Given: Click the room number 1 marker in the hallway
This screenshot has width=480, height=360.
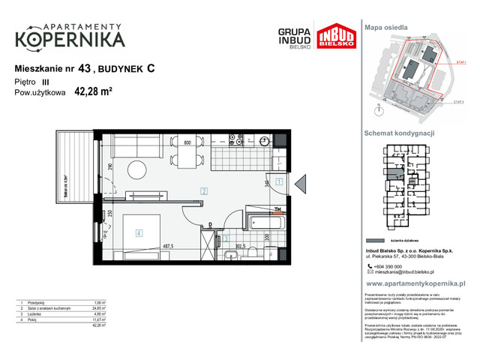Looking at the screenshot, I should pyautogui.click(x=277, y=181).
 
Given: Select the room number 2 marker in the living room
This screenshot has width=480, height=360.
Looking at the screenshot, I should pyautogui.click(x=203, y=191).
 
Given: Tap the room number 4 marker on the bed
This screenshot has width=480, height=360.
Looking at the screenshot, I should pyautogui.click(x=139, y=232).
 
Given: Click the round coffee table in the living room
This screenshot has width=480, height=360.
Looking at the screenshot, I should pyautogui.click(x=136, y=170).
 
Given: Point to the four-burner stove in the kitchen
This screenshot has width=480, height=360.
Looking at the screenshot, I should pyautogui.click(x=235, y=140).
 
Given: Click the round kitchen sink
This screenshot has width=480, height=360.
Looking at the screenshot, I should pyautogui.click(x=264, y=140).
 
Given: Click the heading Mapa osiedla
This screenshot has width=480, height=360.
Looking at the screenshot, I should pyautogui.click(x=386, y=27).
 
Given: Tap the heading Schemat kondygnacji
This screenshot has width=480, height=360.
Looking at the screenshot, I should pyautogui.click(x=398, y=133).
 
